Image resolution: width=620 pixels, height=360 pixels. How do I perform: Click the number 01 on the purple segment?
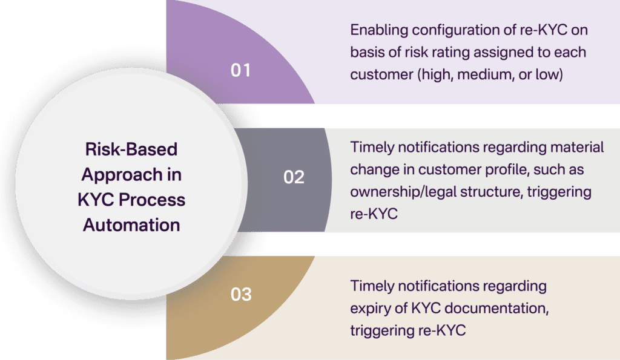tap(240, 70)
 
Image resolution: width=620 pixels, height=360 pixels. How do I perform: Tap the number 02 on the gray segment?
tap(294, 178)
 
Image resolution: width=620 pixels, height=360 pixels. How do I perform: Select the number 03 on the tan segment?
tap(241, 295)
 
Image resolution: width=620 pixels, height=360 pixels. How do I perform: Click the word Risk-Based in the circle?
tap(131, 149)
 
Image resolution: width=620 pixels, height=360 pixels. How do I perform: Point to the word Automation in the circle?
tap(131, 225)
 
